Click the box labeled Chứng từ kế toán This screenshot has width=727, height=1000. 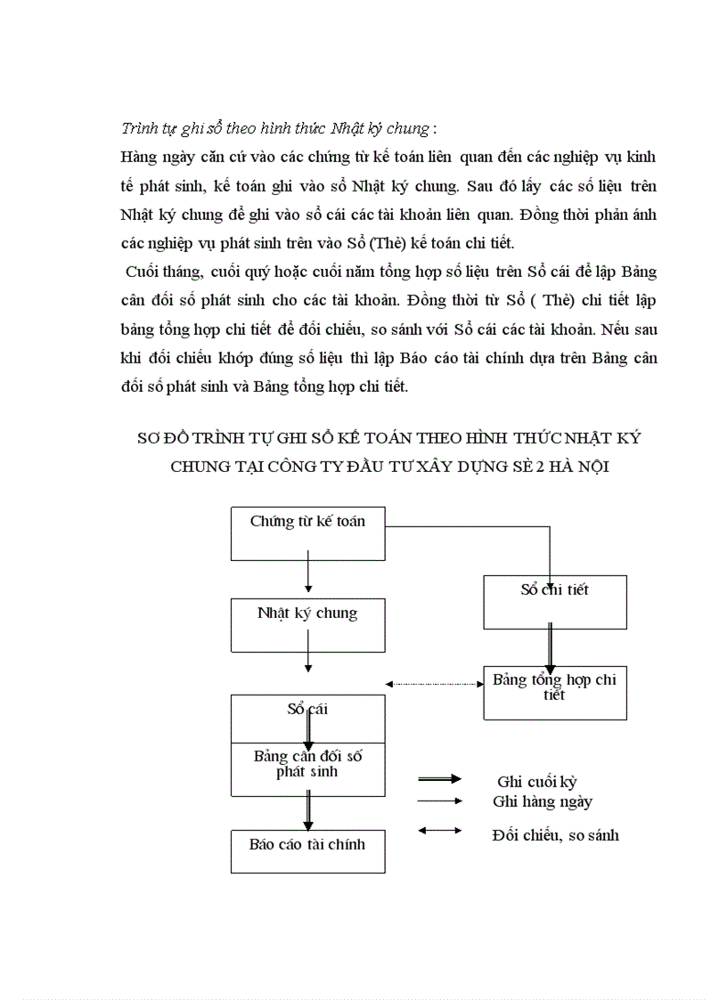307,533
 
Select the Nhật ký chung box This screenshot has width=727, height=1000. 307,625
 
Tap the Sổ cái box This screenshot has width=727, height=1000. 307,717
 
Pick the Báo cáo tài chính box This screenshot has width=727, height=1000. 307,851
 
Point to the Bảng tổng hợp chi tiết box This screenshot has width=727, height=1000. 554,693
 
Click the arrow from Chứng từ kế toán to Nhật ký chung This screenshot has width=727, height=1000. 307,577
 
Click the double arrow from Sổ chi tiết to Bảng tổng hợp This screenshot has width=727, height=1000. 551,645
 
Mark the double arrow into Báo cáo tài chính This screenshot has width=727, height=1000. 307,813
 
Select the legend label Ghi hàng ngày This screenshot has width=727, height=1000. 543,801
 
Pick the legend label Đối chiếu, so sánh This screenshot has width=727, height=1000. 555,835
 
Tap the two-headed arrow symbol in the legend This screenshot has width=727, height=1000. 440,831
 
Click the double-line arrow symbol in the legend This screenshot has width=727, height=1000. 440,779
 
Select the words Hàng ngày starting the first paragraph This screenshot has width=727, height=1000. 152,157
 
